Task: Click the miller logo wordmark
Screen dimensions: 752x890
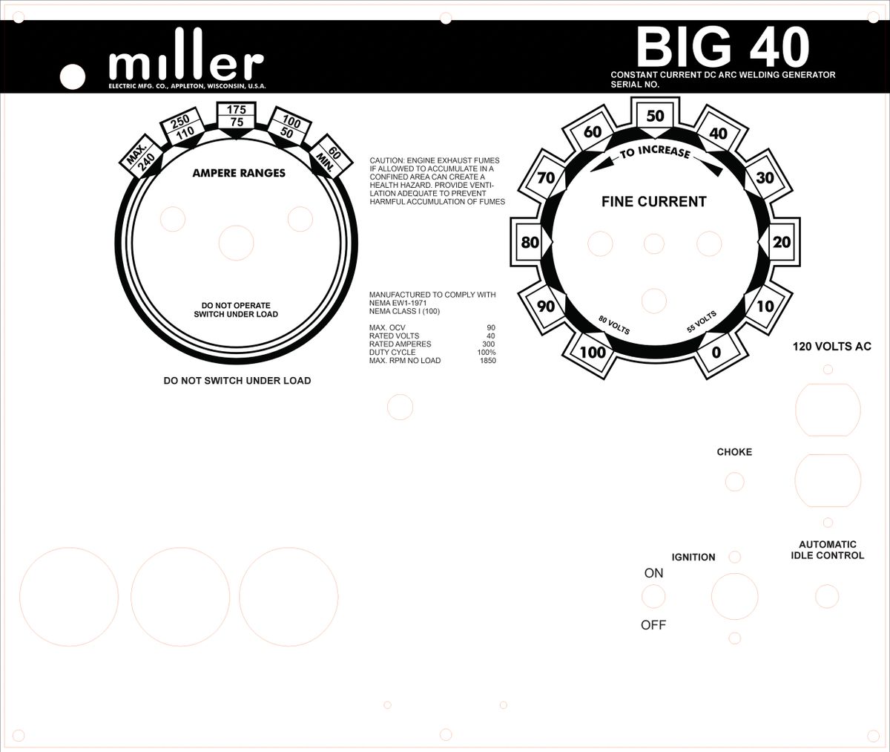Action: click(x=186, y=65)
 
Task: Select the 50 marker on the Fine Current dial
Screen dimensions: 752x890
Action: click(x=655, y=117)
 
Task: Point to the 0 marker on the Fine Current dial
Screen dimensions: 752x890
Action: click(x=716, y=353)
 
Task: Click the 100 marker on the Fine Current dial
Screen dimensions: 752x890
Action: click(x=593, y=353)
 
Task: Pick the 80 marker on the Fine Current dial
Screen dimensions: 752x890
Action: click(x=530, y=243)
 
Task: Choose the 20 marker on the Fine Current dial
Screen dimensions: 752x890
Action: click(x=782, y=243)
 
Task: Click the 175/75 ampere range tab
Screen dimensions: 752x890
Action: click(x=236, y=116)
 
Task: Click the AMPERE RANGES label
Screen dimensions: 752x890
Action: click(x=239, y=174)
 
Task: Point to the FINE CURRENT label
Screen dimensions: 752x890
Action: click(x=653, y=202)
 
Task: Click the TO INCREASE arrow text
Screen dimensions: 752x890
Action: click(x=655, y=152)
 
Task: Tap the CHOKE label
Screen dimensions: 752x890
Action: click(x=734, y=452)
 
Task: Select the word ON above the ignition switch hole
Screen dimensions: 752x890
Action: click(x=653, y=573)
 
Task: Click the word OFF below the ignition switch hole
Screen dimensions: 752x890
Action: click(x=653, y=625)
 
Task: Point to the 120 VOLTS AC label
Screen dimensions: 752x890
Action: click(x=831, y=347)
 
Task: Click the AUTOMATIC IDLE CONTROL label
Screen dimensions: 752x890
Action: click(x=828, y=550)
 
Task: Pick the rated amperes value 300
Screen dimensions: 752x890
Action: click(x=488, y=344)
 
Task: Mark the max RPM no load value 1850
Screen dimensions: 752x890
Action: click(x=487, y=361)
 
